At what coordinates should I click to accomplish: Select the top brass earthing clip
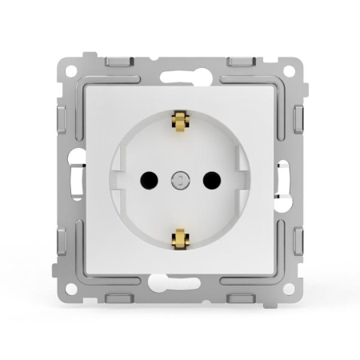[x=180, y=122]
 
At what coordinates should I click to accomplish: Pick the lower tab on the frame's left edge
[x=62, y=240]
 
